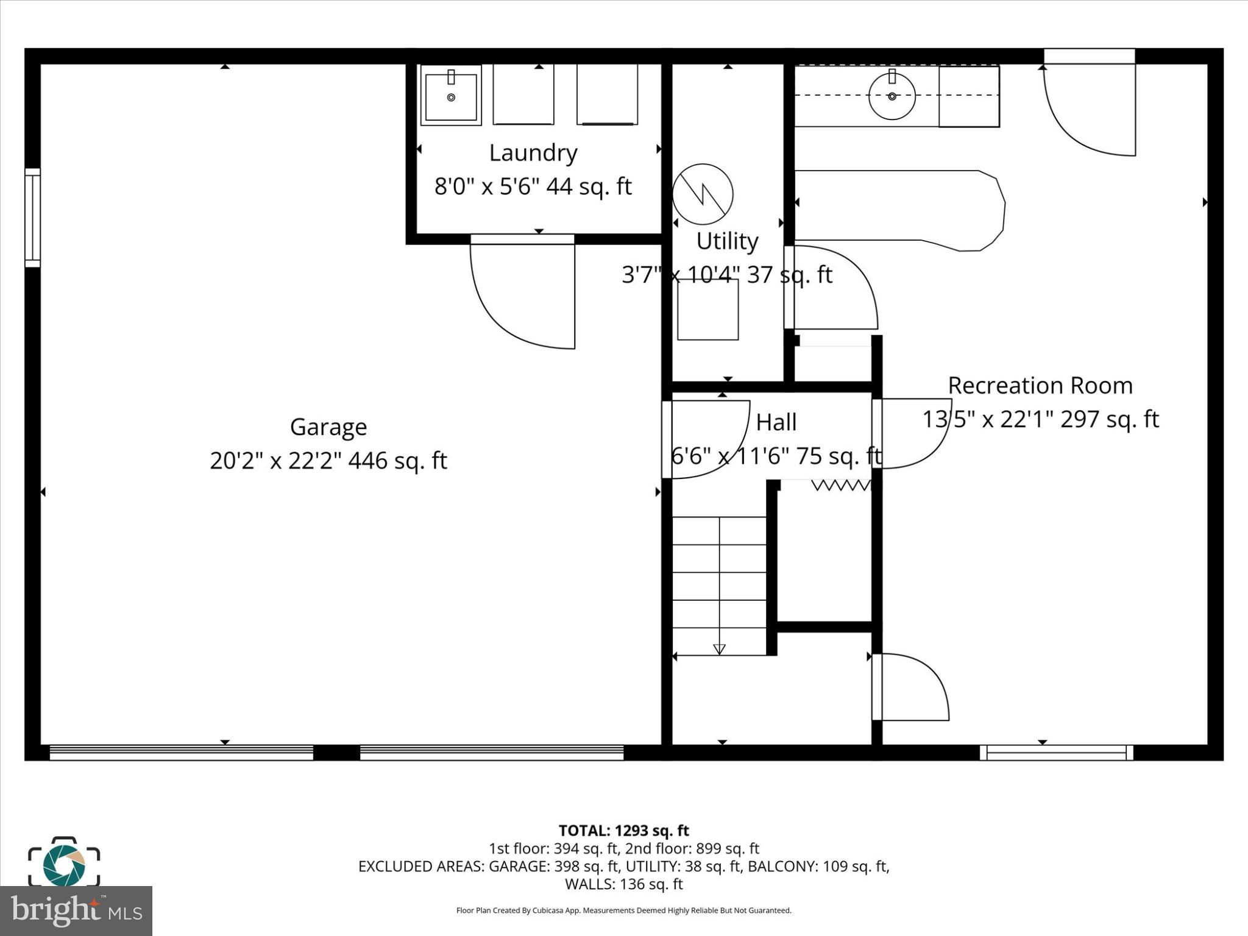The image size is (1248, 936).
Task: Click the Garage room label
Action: (328, 427)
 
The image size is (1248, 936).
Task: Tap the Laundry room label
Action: (533, 152)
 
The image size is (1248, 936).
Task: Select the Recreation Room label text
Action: (1040, 385)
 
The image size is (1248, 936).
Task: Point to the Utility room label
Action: (727, 241)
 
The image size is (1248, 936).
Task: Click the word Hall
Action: (776, 422)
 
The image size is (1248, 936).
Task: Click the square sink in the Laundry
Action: (451, 96)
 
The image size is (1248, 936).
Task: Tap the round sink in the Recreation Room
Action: (892, 96)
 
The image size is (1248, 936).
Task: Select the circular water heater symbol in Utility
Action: (703, 194)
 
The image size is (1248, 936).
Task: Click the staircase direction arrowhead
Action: (719, 649)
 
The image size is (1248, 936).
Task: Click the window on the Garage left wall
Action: (32, 218)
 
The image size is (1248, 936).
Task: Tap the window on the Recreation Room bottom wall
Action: (1056, 753)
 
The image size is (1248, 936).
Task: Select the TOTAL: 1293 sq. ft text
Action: (623, 831)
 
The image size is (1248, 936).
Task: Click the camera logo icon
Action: (64, 862)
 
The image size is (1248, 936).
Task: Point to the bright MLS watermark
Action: (76, 911)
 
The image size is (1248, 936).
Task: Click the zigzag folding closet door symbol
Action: (841, 485)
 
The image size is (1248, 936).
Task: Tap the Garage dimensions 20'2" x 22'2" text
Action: (328, 461)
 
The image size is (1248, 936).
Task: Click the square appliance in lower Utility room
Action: (707, 310)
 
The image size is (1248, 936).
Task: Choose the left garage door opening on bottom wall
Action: (181, 753)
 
